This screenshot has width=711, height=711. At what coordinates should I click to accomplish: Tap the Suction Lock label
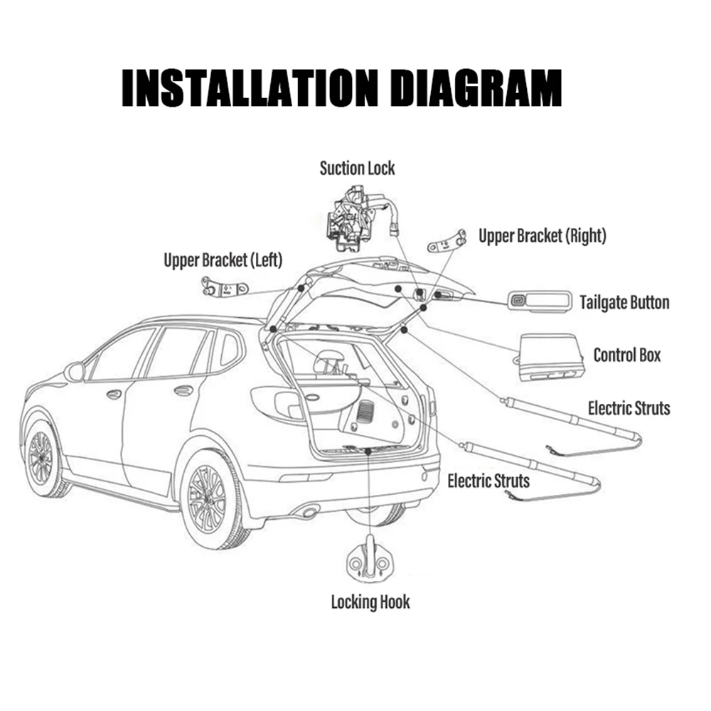coord(357,169)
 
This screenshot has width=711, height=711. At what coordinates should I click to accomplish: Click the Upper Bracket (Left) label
coord(223,260)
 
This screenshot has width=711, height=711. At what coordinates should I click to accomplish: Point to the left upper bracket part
coord(223,288)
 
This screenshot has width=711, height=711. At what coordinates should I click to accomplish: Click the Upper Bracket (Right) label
coord(542,236)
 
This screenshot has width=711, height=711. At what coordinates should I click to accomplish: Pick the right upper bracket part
coord(446,242)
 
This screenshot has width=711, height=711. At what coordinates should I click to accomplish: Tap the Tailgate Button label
coord(624,303)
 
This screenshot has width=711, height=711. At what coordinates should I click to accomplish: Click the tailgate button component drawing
coord(538,301)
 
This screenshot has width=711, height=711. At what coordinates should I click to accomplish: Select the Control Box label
coord(627,354)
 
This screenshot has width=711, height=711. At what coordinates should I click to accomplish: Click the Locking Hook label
coord(370,602)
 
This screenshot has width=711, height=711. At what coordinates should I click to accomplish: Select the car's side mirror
coord(74,371)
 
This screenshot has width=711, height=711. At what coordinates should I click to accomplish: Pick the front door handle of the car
coord(114,393)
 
